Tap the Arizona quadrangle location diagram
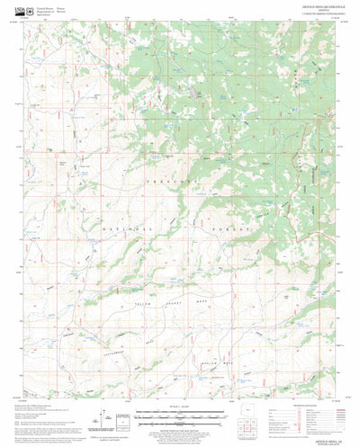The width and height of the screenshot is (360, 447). (255, 416)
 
